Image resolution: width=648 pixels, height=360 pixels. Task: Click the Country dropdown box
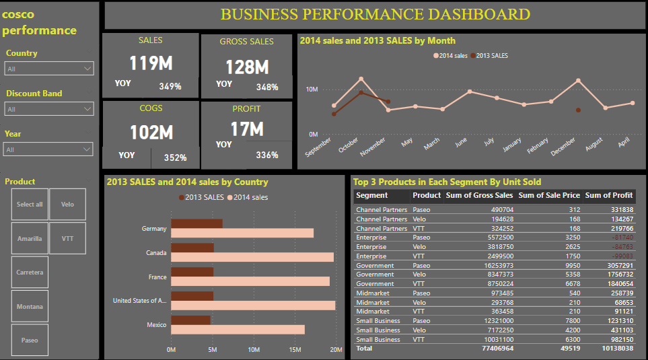49,69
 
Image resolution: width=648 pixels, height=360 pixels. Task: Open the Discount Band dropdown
49,109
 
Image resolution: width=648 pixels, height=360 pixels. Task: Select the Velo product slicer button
67,204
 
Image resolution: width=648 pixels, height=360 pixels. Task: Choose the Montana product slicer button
30,306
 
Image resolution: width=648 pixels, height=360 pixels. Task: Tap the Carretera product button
30,272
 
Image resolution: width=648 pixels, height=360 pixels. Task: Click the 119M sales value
151,64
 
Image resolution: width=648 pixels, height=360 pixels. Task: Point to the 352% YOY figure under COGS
175,158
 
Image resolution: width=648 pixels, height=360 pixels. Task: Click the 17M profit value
248,129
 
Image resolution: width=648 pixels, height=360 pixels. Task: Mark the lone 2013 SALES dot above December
578,110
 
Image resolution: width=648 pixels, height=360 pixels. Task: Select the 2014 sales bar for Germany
242,233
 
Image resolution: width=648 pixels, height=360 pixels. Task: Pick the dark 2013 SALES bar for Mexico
190,320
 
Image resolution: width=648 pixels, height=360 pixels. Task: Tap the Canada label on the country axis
156,253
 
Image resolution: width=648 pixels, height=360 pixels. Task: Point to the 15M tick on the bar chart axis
295,349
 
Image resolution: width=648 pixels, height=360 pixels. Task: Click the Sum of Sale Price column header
548,196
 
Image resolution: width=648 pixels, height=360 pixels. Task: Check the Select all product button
30,204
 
